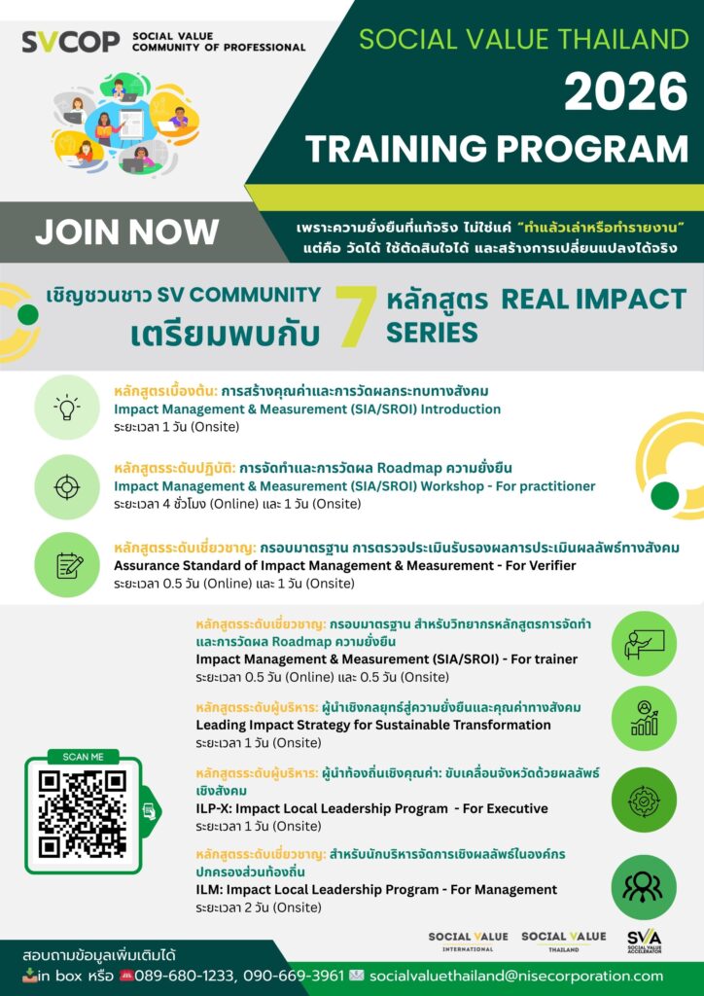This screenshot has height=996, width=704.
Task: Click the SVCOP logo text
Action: point(71,42)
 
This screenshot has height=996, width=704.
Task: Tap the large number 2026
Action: point(625,92)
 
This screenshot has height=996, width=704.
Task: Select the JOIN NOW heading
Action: point(127,231)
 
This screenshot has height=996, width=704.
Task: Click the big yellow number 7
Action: point(356,316)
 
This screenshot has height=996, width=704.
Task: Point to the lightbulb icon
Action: point(67,408)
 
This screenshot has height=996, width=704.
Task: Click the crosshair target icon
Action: point(67,486)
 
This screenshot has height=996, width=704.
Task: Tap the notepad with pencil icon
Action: point(67,565)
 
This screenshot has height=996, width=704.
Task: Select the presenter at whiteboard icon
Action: point(644,644)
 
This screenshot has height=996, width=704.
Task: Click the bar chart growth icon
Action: point(644,718)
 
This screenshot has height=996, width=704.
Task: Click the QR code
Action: point(83,815)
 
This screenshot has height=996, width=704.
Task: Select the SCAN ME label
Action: point(83,757)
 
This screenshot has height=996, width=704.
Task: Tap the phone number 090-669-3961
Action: point(294,976)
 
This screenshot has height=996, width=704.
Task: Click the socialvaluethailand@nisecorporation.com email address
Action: point(516,976)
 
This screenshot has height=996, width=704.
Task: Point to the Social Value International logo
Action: point(468,941)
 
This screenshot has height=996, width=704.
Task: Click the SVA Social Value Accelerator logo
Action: point(644,942)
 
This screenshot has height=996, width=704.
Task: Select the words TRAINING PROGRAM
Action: point(497,149)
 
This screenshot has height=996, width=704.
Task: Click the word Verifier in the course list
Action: point(553,565)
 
